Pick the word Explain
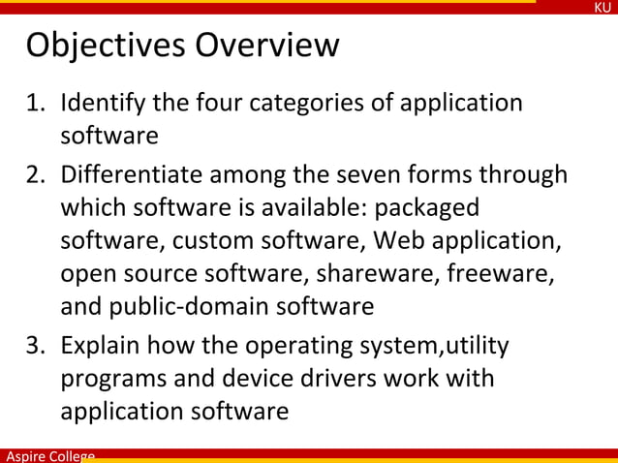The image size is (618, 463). click(x=102, y=346)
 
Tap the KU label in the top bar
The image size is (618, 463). click(x=603, y=8)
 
